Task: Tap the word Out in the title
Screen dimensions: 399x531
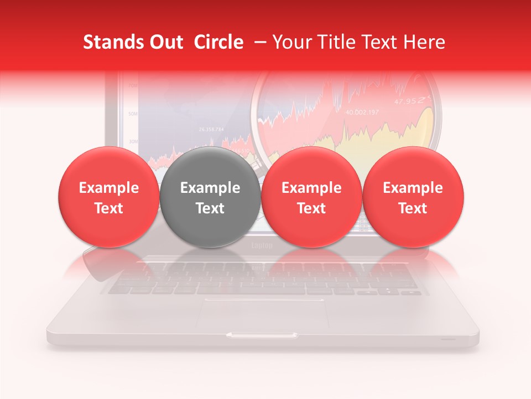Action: (164, 42)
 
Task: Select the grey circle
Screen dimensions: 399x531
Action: (210, 197)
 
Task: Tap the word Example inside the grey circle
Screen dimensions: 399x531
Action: (210, 188)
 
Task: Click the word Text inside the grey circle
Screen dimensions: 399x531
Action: (210, 208)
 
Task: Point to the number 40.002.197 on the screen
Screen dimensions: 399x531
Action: (362, 112)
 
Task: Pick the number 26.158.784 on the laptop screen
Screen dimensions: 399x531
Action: (211, 130)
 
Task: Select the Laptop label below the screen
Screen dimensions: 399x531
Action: (262, 245)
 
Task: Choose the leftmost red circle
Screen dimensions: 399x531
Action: (109, 197)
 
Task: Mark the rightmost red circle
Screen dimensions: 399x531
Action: (413, 197)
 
